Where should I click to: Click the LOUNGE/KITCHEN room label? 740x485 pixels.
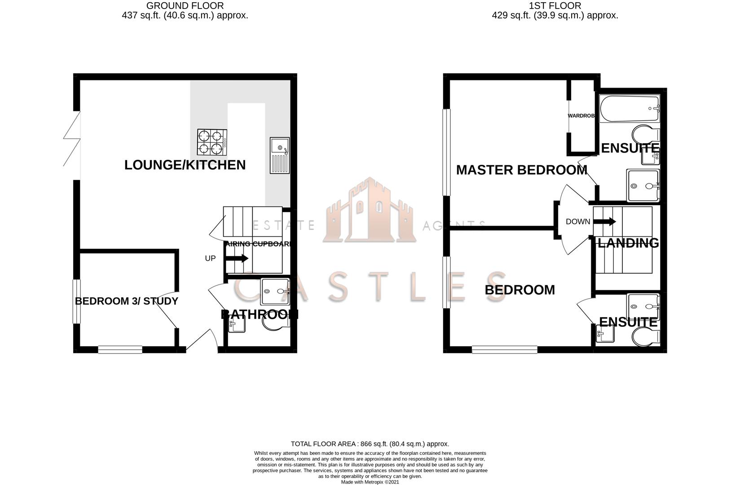click(185, 165)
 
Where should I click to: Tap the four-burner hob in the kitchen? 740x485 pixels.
click(211, 142)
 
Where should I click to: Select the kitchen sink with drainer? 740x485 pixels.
click(280, 155)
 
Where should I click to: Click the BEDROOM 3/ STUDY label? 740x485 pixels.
click(126, 301)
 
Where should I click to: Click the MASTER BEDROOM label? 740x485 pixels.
click(521, 170)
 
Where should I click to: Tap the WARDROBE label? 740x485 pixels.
click(581, 116)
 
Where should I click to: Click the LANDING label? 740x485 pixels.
click(628, 243)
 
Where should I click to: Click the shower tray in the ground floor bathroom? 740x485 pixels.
click(275, 290)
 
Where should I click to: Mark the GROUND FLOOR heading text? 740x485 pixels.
click(185, 6)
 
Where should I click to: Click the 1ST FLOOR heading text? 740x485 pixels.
click(555, 6)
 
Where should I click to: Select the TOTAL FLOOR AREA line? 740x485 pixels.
click(370, 444)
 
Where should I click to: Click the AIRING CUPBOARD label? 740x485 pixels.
click(259, 244)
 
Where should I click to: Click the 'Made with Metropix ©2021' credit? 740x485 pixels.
click(370, 482)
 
